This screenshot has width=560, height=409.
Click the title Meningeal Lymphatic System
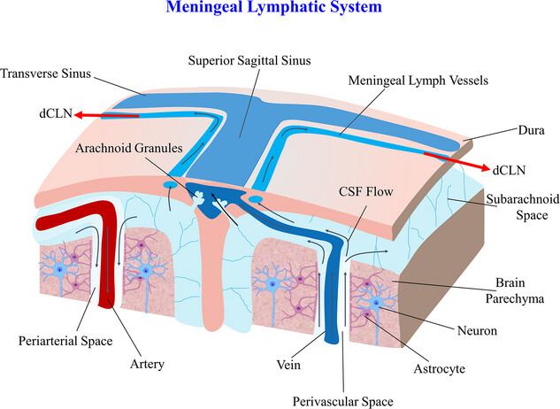coord(279,9)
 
